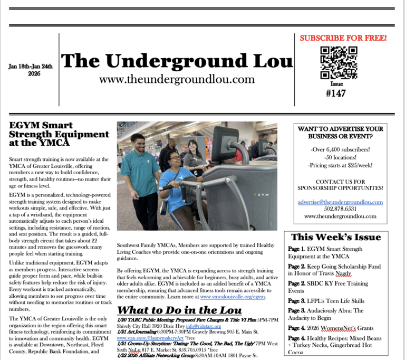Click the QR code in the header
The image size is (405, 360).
[339, 62]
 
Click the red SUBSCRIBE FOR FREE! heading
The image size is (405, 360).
[343, 38]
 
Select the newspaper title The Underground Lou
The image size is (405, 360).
[177, 61]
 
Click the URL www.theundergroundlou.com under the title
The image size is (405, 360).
[177, 79]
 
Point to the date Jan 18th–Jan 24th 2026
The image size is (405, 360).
[31, 70]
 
